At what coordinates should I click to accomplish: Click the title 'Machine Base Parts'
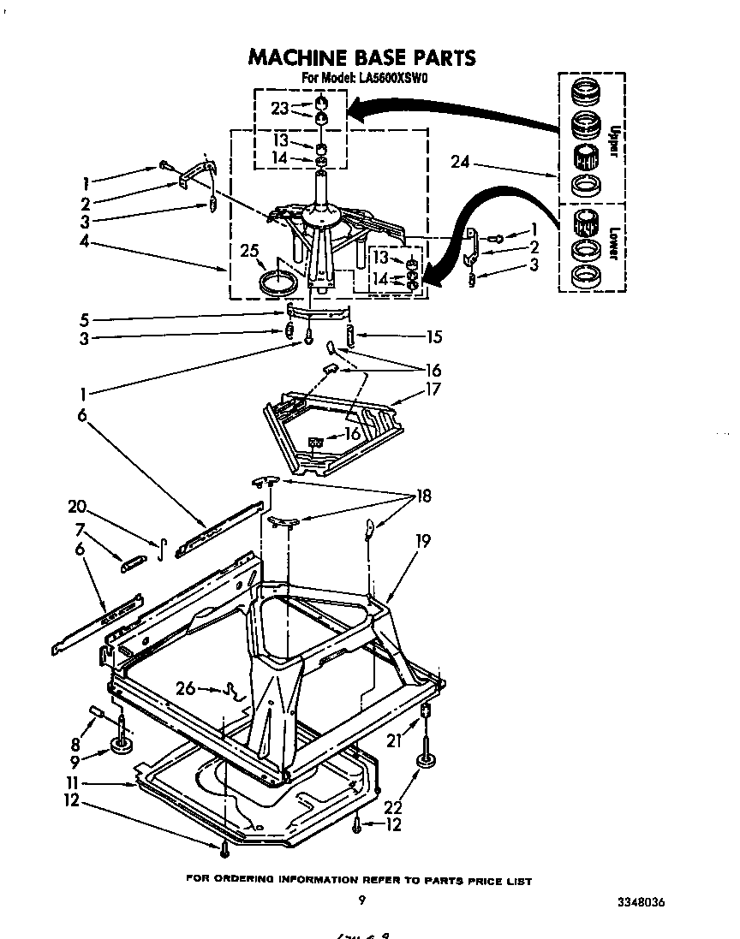pos(361,57)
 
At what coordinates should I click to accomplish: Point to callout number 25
pos(249,251)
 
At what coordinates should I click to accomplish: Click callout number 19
pos(423,540)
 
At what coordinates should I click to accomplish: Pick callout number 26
pos(183,686)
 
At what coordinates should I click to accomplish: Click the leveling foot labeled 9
pos(122,747)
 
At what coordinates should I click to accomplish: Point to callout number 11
pos(75,783)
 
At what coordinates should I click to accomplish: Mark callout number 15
pos(433,337)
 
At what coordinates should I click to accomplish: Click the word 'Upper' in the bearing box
pos(614,140)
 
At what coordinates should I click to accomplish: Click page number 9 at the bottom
pos(362,900)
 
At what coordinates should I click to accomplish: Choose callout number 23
pos(279,108)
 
